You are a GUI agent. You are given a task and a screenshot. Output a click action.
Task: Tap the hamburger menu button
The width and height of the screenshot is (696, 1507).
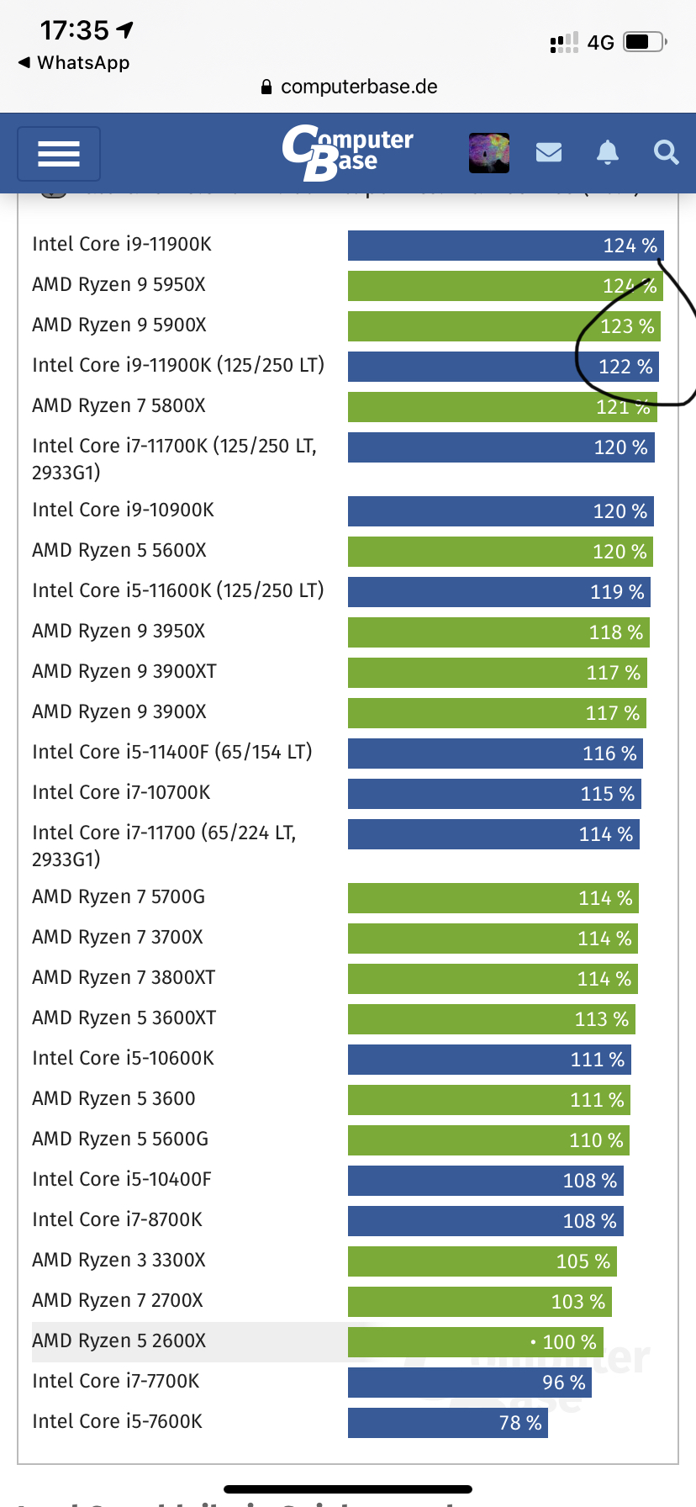click(59, 154)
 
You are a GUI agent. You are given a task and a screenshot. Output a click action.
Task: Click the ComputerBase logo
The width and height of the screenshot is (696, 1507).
click(347, 152)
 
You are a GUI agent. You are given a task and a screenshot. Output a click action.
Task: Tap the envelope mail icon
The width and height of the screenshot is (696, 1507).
click(549, 152)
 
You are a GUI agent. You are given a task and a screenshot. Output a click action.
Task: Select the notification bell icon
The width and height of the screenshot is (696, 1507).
click(607, 152)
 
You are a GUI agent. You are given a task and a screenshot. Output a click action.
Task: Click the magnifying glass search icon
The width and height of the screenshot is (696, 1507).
click(666, 152)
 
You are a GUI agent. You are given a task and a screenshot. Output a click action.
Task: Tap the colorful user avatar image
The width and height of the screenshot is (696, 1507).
click(489, 152)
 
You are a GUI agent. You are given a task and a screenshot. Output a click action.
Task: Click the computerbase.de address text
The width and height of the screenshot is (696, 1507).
click(358, 87)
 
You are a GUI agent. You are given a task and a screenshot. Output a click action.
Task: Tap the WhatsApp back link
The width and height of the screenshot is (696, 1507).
click(74, 63)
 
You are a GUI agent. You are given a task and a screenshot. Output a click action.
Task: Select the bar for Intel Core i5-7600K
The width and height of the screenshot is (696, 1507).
click(447, 1422)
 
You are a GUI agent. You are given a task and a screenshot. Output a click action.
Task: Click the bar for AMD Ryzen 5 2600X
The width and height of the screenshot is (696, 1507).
click(475, 1341)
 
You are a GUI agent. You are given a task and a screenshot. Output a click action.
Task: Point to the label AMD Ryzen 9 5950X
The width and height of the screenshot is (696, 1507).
click(119, 284)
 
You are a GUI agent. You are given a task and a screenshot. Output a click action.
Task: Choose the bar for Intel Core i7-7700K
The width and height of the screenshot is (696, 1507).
click(469, 1382)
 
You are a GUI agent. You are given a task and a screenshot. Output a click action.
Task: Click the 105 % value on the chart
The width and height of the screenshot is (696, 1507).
click(583, 1261)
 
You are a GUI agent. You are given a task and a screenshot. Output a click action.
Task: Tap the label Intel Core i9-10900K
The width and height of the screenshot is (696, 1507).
click(123, 510)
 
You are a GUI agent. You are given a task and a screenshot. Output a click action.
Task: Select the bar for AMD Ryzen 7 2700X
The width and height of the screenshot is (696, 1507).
click(479, 1301)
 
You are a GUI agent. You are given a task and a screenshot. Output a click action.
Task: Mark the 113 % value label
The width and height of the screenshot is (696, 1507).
click(601, 1019)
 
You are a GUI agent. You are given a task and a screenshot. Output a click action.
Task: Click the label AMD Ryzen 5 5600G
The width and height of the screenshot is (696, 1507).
click(119, 1139)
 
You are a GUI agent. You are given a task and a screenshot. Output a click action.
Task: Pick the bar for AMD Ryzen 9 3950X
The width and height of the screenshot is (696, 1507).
click(498, 632)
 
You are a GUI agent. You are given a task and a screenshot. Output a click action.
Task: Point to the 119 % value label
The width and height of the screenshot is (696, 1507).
click(617, 592)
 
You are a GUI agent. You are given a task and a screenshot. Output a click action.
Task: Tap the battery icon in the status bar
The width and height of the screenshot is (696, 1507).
click(645, 41)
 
